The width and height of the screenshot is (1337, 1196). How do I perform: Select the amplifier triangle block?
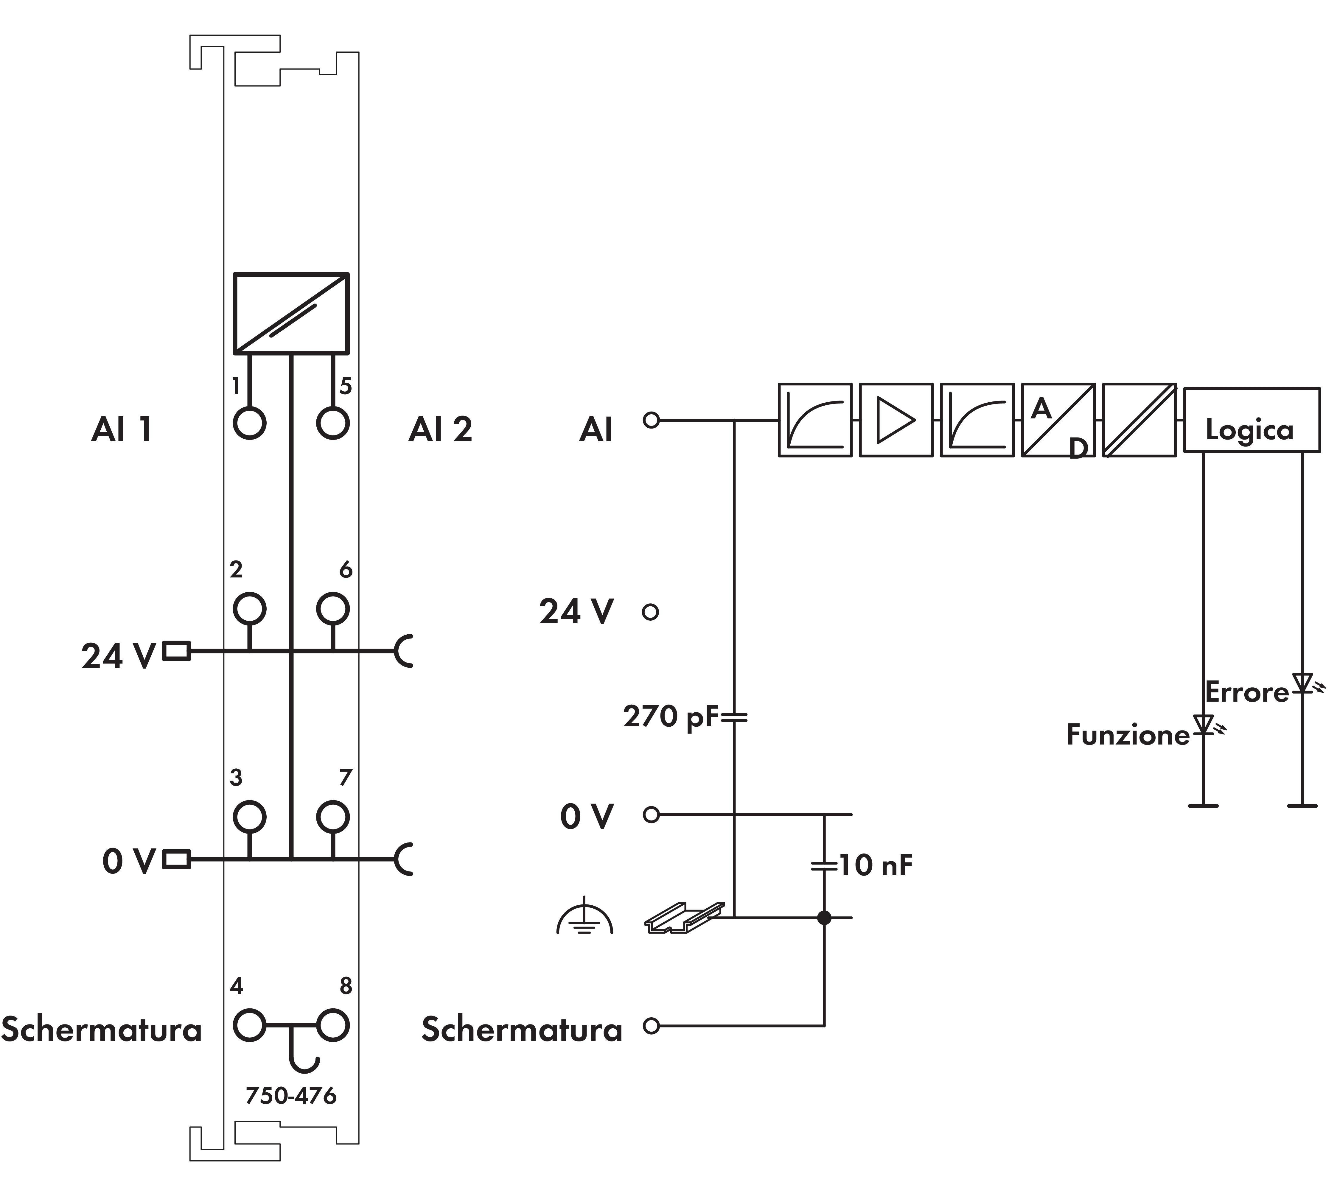tap(896, 420)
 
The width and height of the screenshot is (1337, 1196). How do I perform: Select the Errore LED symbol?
tap(1302, 683)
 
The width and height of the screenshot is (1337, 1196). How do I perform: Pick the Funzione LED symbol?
tap(1204, 725)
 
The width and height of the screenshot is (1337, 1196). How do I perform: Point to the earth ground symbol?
tap(584, 920)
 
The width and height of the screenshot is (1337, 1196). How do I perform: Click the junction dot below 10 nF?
tap(824, 917)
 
